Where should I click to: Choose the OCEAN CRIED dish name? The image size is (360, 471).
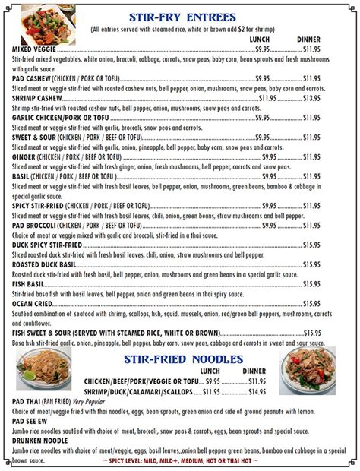point(33,303)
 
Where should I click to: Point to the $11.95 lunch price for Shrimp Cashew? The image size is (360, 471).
point(267,97)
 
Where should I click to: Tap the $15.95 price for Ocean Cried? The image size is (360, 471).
point(311,303)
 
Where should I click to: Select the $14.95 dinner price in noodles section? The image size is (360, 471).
point(257,391)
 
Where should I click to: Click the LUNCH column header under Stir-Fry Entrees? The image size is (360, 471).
point(260,39)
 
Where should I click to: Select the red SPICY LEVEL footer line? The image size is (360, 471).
point(179,461)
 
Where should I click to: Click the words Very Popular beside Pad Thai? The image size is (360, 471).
point(90,401)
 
